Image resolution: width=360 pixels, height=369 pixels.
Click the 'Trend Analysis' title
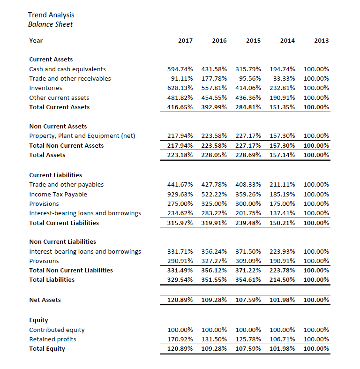51,15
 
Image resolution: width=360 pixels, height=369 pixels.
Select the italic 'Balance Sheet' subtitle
50,24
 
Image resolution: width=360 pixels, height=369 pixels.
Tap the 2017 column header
186,41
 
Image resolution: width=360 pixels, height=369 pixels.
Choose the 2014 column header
287,41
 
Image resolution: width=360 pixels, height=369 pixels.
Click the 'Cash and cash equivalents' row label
67,69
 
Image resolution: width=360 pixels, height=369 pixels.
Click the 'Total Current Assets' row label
59,107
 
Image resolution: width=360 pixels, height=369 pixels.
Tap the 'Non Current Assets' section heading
58,126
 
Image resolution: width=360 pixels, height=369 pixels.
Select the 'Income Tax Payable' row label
58,194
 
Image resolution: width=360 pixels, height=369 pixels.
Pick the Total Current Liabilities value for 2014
282,223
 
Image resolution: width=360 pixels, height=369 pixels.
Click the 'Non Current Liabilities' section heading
62,241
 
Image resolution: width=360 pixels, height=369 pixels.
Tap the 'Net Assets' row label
45,300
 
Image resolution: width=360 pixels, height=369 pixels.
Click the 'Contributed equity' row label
57,330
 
